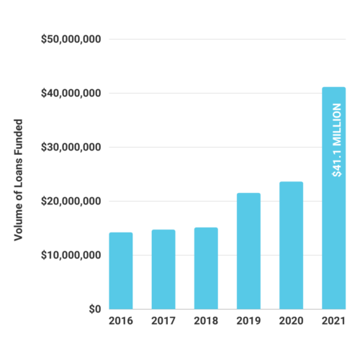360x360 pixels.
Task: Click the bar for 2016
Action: point(121,271)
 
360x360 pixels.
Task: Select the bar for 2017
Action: point(163,269)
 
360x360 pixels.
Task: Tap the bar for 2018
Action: point(206,268)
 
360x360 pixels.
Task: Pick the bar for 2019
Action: point(248,251)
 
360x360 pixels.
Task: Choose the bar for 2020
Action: point(291,245)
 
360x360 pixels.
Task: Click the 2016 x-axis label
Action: point(121,320)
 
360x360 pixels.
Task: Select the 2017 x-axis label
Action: point(163,320)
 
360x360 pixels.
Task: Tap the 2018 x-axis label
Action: point(206,320)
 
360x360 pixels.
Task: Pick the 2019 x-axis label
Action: point(248,320)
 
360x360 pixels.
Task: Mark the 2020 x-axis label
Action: point(291,320)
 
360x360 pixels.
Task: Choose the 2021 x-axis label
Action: point(333,320)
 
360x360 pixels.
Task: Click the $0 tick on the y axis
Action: point(94,309)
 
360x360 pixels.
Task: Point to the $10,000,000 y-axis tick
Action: point(71,255)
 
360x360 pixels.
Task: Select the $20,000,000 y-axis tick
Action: point(71,201)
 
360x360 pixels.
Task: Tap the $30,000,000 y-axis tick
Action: point(71,147)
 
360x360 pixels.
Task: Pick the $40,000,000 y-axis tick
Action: point(71,93)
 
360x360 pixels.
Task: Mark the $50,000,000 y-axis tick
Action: point(71,39)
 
